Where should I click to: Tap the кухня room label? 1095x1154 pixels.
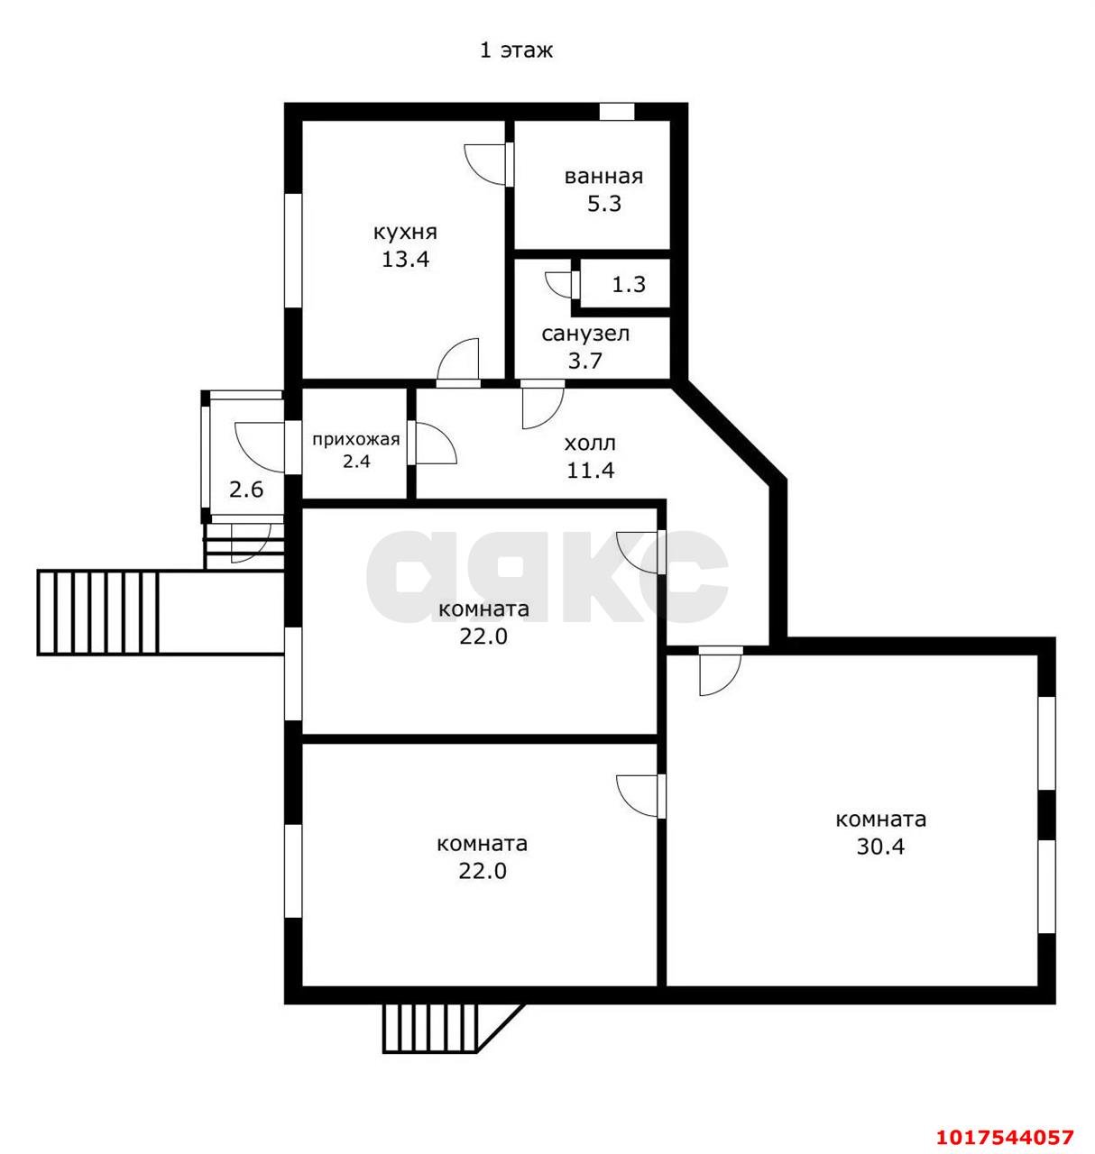[x=405, y=233]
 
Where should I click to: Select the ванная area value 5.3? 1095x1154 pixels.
[x=604, y=204]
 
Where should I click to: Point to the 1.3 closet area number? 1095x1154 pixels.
[x=629, y=284]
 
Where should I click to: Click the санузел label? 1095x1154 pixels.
[x=585, y=334]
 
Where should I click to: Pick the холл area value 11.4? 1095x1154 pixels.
[x=591, y=471]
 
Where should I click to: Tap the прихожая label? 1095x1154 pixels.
[x=356, y=440]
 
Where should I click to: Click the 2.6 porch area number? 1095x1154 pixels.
[x=246, y=490]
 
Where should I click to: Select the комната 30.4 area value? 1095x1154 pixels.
[x=880, y=847]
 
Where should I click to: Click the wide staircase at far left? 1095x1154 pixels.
[x=98, y=612]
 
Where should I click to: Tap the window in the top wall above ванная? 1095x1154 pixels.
[x=617, y=112]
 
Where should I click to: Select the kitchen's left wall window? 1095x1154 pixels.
[x=292, y=251]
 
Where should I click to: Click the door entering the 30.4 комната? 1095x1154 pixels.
[x=721, y=671]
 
